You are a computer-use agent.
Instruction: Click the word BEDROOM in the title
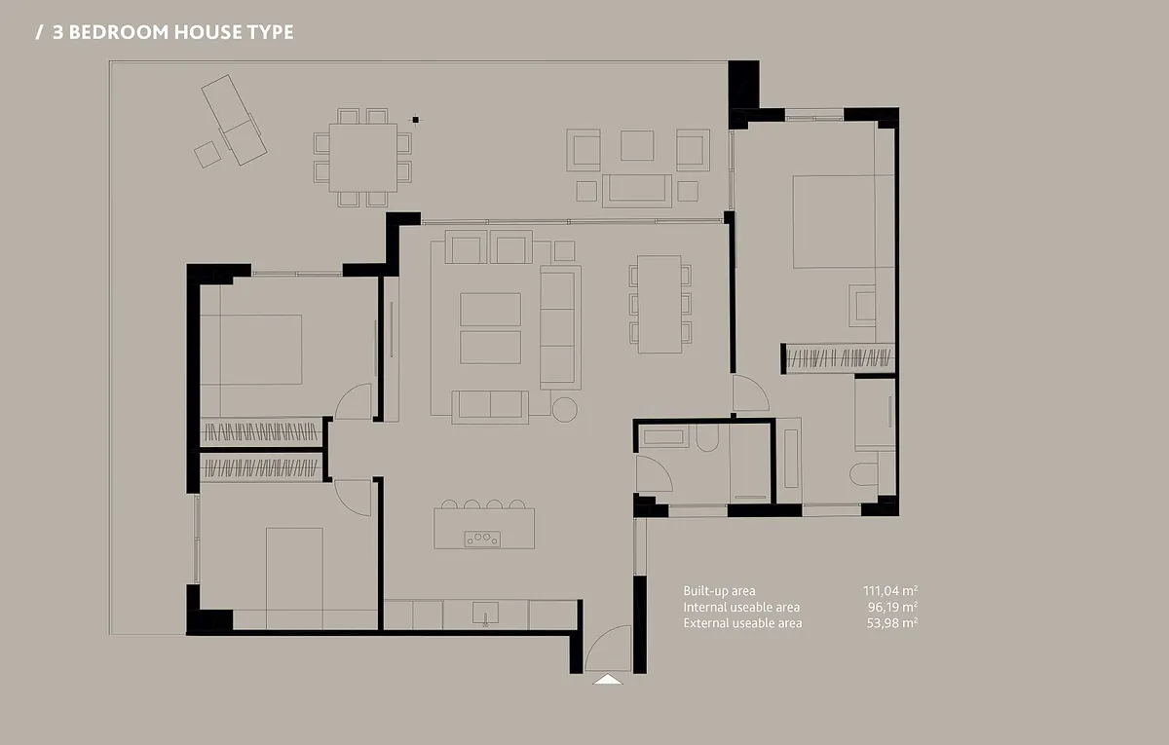click(x=119, y=32)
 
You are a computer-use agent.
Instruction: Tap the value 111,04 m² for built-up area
click(x=890, y=590)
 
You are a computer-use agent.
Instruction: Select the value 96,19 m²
click(x=892, y=607)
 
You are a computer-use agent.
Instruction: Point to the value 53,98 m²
click(x=892, y=623)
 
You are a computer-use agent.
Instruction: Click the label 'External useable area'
click(x=742, y=623)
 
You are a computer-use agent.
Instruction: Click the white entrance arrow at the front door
click(x=608, y=679)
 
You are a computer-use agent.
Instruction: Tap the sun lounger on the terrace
click(x=235, y=120)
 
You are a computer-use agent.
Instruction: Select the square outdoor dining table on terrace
click(x=363, y=158)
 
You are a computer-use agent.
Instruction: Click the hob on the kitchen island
click(x=482, y=539)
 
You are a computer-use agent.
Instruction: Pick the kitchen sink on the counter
click(x=485, y=613)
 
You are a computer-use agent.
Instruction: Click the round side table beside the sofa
click(x=564, y=410)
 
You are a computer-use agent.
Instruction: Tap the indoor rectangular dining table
click(x=660, y=304)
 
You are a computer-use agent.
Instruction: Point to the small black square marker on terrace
click(x=415, y=120)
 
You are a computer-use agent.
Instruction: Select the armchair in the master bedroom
click(x=862, y=306)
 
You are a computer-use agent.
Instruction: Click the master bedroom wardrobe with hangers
click(x=838, y=358)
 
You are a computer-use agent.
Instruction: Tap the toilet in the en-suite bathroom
click(x=863, y=474)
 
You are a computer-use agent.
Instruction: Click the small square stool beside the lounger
click(x=207, y=155)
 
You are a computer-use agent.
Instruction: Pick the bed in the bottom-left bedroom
click(x=294, y=578)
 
